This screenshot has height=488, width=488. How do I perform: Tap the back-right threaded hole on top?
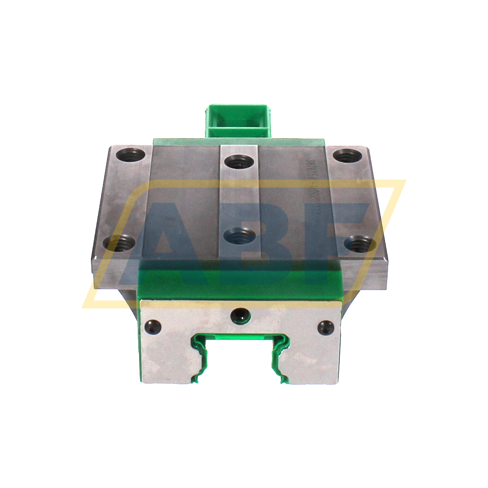coord(347,155)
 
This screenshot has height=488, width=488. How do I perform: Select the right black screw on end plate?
coord(325,327)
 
